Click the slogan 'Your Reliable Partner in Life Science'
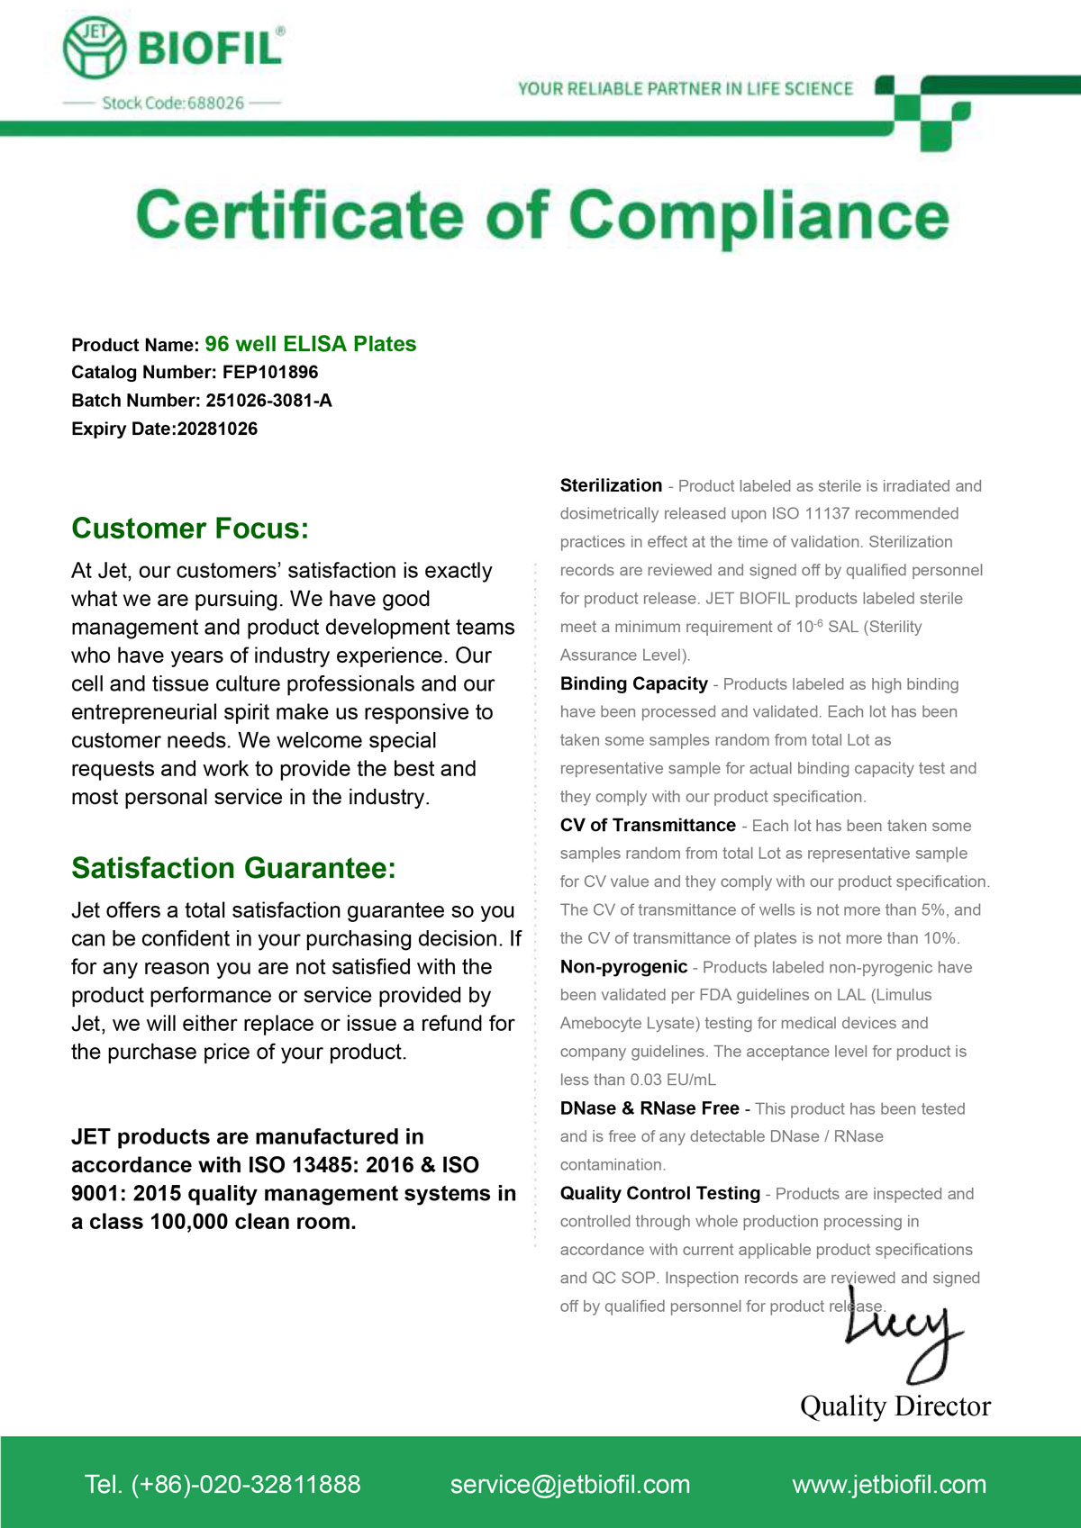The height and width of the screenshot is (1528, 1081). [x=685, y=88]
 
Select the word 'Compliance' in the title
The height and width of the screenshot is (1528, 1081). [x=759, y=217]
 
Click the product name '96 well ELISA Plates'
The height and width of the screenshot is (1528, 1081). [x=310, y=344]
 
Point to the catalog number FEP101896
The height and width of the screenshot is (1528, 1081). [x=270, y=372]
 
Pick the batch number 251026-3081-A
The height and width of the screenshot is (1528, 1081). [x=268, y=401]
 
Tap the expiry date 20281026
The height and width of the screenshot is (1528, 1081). [x=217, y=429]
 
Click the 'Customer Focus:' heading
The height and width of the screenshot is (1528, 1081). [x=190, y=529]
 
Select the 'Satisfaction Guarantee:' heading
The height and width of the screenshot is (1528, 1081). [x=233, y=868]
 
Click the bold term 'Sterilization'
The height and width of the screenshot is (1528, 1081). [x=611, y=485]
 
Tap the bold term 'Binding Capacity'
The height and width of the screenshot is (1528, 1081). [x=633, y=683]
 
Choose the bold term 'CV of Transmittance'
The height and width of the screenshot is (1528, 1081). [x=648, y=825]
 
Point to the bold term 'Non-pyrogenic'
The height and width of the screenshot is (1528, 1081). [x=623, y=967]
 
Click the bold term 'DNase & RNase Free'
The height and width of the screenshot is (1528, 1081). [x=650, y=1108]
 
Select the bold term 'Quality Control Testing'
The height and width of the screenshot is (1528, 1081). [x=659, y=1193]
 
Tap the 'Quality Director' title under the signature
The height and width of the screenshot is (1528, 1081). [x=895, y=1406]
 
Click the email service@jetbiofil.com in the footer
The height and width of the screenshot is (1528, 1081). [x=570, y=1484]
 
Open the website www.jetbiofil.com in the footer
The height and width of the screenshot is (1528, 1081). [x=889, y=1484]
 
